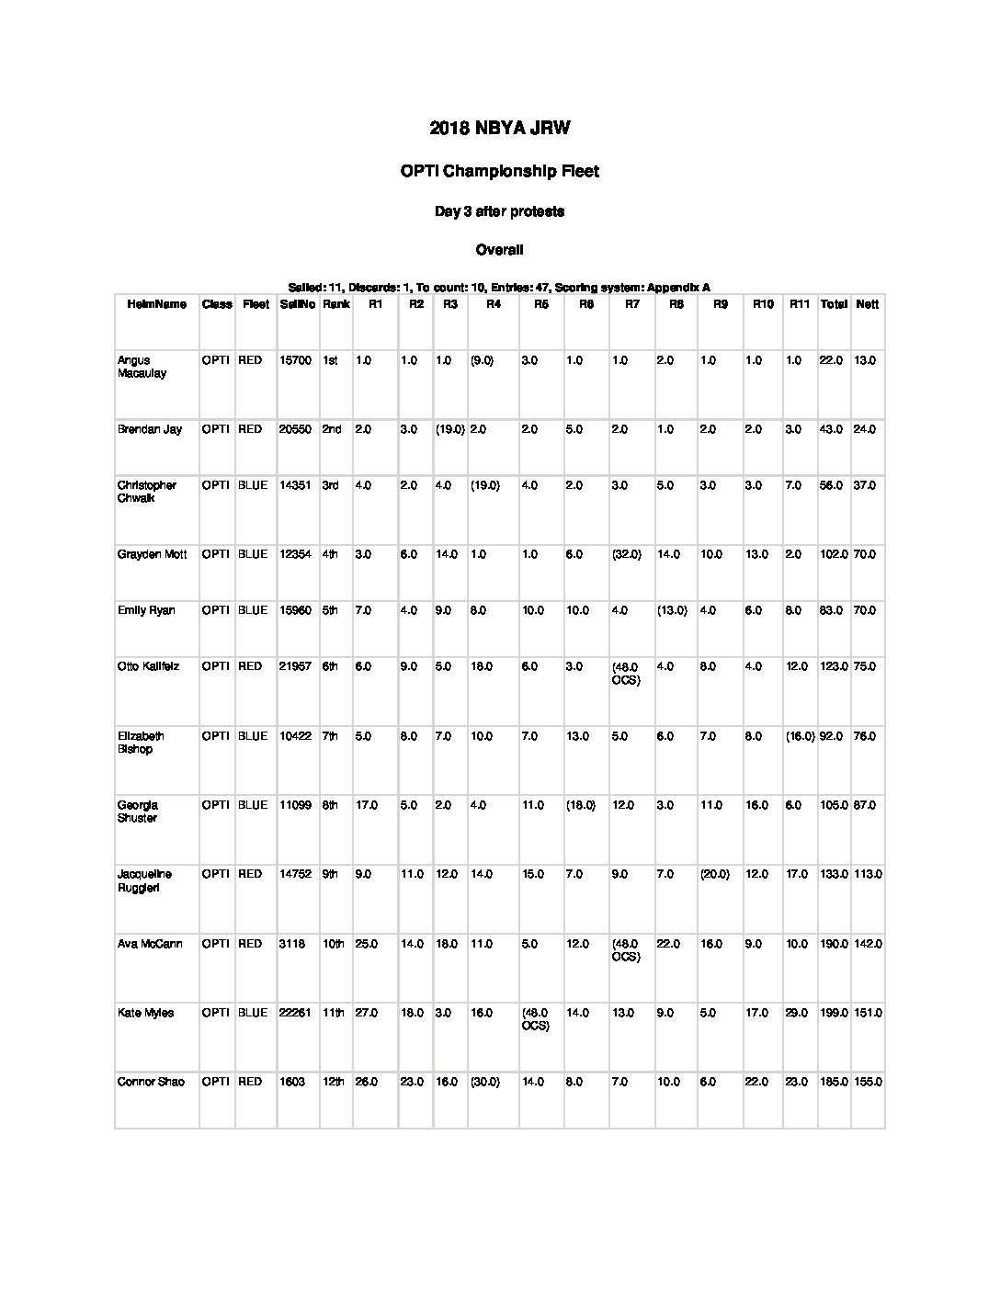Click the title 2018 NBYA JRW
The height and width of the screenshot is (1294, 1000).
(499, 129)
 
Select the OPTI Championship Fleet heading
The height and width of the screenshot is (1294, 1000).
(499, 171)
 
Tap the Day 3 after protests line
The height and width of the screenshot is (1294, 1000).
(499, 211)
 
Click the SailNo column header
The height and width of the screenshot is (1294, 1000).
(297, 304)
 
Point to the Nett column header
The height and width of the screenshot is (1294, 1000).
(867, 304)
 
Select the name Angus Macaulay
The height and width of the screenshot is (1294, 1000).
(142, 367)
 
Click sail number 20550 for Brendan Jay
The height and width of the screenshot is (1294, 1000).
(295, 429)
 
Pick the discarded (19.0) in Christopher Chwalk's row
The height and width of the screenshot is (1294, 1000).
(485, 485)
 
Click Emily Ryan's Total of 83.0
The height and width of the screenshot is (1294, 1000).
(833, 610)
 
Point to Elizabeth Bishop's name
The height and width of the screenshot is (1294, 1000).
(141, 742)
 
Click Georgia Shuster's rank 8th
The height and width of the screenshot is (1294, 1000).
(331, 805)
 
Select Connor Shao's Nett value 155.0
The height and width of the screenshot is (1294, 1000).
(867, 1082)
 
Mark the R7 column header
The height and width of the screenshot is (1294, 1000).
(631, 304)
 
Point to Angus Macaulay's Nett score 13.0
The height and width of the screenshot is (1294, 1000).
(864, 360)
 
